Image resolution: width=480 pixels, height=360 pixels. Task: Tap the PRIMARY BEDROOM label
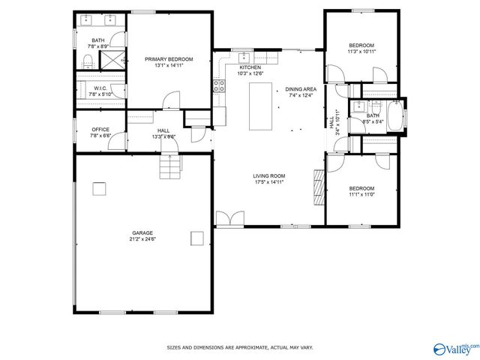169,59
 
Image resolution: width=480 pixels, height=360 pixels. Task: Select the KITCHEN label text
250,67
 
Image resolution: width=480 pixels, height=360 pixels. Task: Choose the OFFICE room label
100,130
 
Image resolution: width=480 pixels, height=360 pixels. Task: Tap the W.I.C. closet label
100,89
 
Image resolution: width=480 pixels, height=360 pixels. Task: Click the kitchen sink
244,57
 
